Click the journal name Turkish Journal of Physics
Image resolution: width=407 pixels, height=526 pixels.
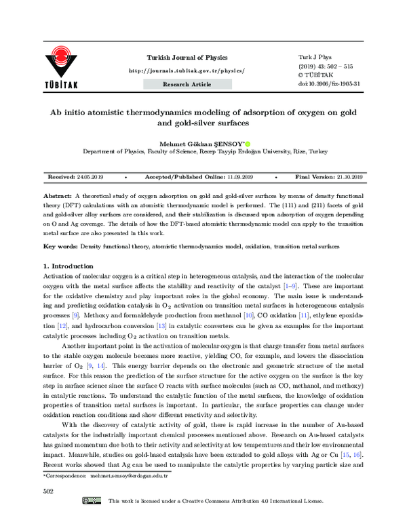click(x=187, y=58)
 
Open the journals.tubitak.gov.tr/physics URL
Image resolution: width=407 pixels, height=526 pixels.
click(x=187, y=70)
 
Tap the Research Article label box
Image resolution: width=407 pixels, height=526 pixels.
click(x=187, y=84)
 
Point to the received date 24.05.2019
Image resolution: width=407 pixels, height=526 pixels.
click(x=89, y=176)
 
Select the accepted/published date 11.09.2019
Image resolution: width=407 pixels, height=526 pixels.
click(x=239, y=176)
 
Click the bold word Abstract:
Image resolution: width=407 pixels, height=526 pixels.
click(x=58, y=193)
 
